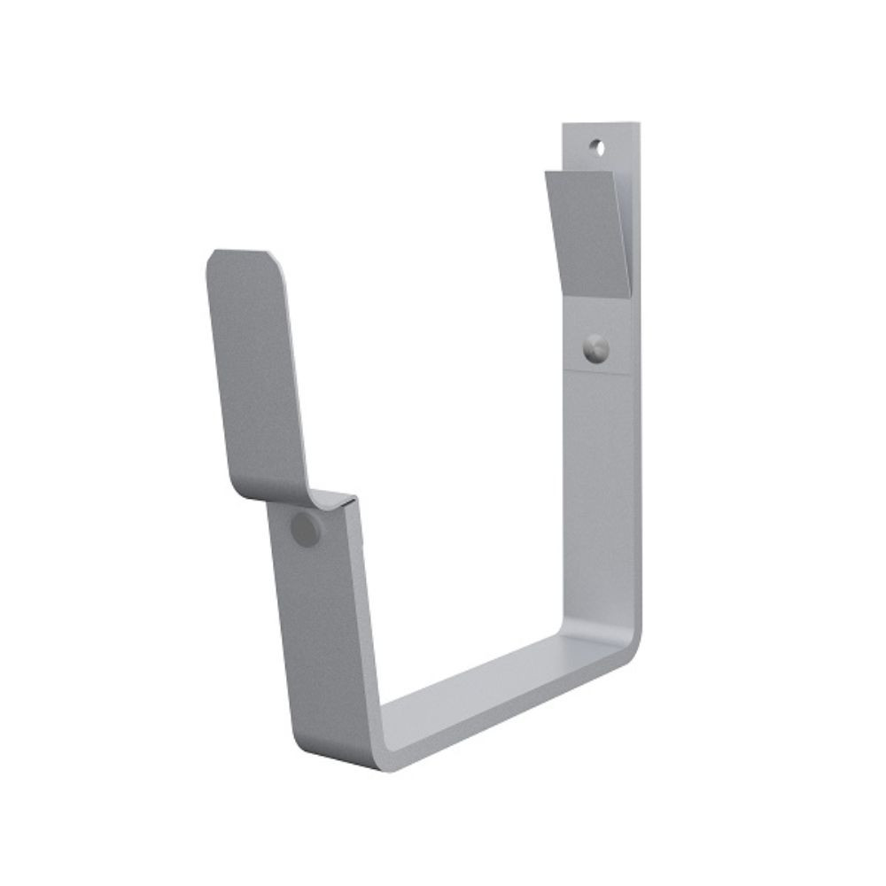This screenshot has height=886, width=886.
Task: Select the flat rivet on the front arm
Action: [x=306, y=530]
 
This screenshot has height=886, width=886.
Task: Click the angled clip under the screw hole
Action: [x=589, y=230]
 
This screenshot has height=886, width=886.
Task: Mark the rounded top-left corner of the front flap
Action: [x=215, y=260]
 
